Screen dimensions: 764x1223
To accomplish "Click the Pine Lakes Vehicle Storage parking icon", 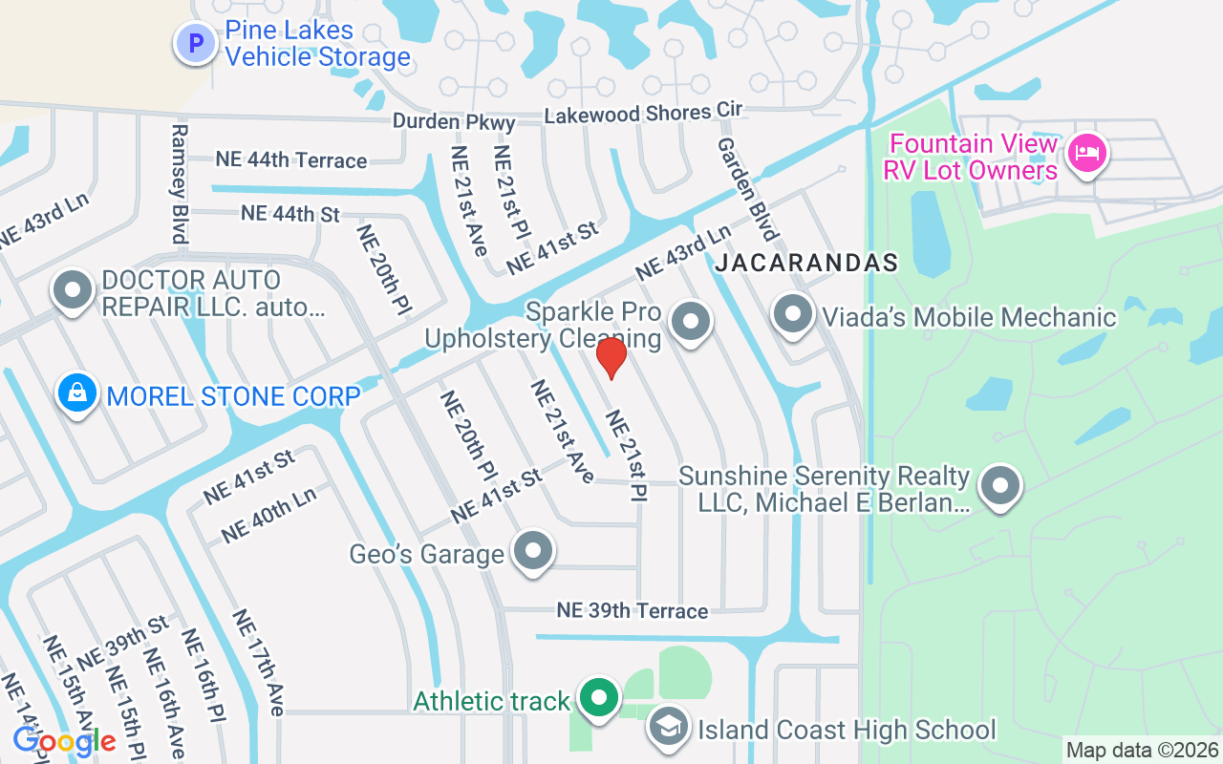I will point(196,43).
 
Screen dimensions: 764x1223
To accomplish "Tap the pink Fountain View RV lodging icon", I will point(1086,154).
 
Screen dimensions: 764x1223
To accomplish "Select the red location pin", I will point(611,357).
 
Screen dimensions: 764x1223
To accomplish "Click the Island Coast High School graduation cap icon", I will point(669,727).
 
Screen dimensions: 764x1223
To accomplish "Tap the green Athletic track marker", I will point(599,698).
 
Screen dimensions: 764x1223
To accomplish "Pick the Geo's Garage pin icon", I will point(532,551).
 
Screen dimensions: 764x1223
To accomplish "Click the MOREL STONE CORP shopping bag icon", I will point(77,393).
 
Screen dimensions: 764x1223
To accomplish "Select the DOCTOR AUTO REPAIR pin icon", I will point(73,290).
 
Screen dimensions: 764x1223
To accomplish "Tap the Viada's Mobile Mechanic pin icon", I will point(792,313).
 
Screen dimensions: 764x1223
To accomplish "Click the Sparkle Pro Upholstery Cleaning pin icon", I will point(691,322).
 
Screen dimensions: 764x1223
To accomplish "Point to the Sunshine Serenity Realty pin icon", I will point(1000,485).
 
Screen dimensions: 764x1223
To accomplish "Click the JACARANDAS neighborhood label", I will point(805,263).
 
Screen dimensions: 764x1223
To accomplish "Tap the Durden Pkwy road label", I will point(454,122).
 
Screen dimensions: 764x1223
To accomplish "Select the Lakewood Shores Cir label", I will point(642,114).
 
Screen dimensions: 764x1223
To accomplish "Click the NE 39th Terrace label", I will point(633,610).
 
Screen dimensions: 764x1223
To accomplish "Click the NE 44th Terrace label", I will point(290,159).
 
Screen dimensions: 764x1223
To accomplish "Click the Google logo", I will point(63,740).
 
